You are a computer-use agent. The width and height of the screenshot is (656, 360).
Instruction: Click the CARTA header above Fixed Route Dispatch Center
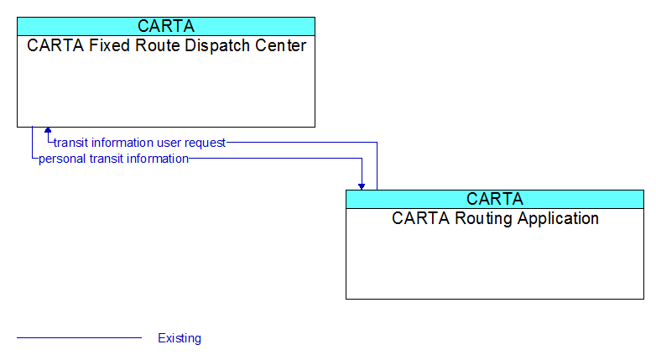coord(166,26)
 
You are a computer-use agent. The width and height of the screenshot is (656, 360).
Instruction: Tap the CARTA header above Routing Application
coord(495,199)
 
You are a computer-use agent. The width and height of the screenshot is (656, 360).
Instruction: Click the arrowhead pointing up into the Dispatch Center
coord(48,130)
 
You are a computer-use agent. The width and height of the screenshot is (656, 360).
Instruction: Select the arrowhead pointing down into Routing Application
coord(362,186)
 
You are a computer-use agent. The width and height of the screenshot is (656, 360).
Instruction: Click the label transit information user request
coord(140,143)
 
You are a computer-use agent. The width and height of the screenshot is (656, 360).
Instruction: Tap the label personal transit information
coord(113,159)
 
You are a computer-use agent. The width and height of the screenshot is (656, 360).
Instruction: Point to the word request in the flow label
coord(205,143)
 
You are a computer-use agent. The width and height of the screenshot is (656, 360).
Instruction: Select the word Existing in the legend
coord(180,338)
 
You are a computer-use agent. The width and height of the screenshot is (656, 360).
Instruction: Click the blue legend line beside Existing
coord(79,337)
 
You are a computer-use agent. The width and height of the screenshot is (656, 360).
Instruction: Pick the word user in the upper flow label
coord(169,143)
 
